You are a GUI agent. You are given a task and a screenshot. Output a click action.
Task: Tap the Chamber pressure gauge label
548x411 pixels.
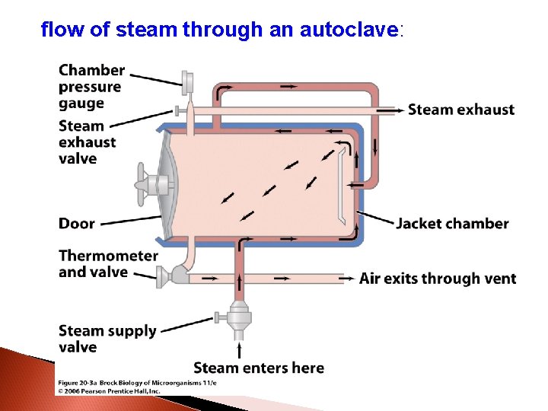click(x=91, y=87)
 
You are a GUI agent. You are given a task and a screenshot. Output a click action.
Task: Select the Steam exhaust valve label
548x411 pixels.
click(x=88, y=142)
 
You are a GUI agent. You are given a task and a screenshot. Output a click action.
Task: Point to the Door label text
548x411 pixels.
click(x=77, y=224)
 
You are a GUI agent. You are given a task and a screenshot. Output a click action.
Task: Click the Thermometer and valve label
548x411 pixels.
click(x=108, y=263)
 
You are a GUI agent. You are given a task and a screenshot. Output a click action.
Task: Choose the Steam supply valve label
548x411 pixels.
click(x=107, y=339)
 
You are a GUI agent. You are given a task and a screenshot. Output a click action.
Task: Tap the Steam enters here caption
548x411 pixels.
click(x=259, y=368)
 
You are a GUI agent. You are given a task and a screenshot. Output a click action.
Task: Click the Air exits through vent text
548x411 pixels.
click(x=438, y=279)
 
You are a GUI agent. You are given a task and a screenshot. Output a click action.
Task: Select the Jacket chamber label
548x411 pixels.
click(x=452, y=224)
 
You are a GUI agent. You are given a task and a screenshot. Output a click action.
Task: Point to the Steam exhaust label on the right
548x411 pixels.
click(x=461, y=110)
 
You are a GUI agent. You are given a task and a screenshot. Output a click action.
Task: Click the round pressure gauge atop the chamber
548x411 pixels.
click(x=188, y=79)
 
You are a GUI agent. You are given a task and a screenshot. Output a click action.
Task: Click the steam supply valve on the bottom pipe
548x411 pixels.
click(x=241, y=314)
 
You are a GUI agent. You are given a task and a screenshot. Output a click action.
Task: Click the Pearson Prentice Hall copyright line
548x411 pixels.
click(x=109, y=390)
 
